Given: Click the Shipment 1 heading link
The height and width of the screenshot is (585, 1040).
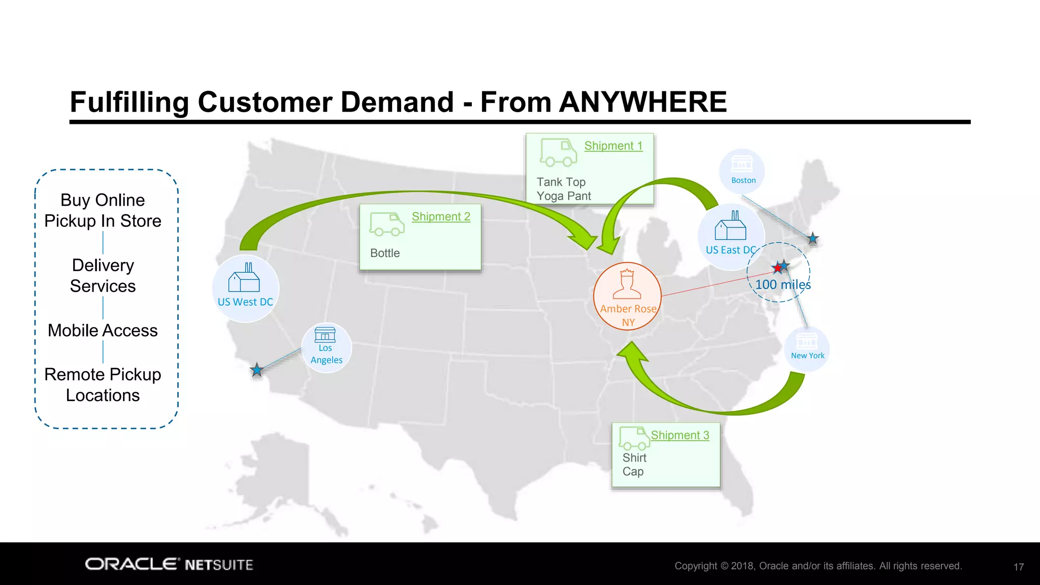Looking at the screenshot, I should click(x=613, y=146).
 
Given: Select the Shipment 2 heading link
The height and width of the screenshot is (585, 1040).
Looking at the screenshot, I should click(x=441, y=216).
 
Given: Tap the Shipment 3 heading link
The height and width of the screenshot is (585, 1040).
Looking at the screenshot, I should click(x=680, y=435).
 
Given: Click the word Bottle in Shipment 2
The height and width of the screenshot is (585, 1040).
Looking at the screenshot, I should click(x=385, y=253).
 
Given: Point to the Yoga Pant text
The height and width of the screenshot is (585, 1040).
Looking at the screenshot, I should click(x=564, y=196).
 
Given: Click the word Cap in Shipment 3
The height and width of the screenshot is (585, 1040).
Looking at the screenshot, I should click(x=633, y=472).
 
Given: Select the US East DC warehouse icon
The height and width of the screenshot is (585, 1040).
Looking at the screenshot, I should click(x=730, y=226).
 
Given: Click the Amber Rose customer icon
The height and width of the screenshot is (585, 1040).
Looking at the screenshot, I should click(x=627, y=285).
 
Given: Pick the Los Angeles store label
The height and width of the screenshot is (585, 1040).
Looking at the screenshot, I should click(x=326, y=354).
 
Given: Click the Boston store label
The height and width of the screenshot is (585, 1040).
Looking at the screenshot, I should click(x=743, y=180).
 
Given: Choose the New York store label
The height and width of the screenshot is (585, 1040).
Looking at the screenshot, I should click(x=807, y=355).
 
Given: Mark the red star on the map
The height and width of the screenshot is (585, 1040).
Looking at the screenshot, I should click(x=777, y=268).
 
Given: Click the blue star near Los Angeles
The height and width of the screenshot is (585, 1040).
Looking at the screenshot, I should click(x=257, y=370).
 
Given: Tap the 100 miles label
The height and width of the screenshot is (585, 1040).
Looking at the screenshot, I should click(x=783, y=285).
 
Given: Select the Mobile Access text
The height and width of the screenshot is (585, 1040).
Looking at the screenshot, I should click(x=103, y=331).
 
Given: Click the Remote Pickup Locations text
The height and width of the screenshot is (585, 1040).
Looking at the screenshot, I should click(x=103, y=385).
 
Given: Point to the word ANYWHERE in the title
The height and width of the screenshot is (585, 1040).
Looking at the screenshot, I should click(x=643, y=102).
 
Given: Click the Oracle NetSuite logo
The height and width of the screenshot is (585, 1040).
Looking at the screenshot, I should click(x=169, y=565).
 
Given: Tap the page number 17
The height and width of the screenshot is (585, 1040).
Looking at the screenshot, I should click(x=1018, y=567).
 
